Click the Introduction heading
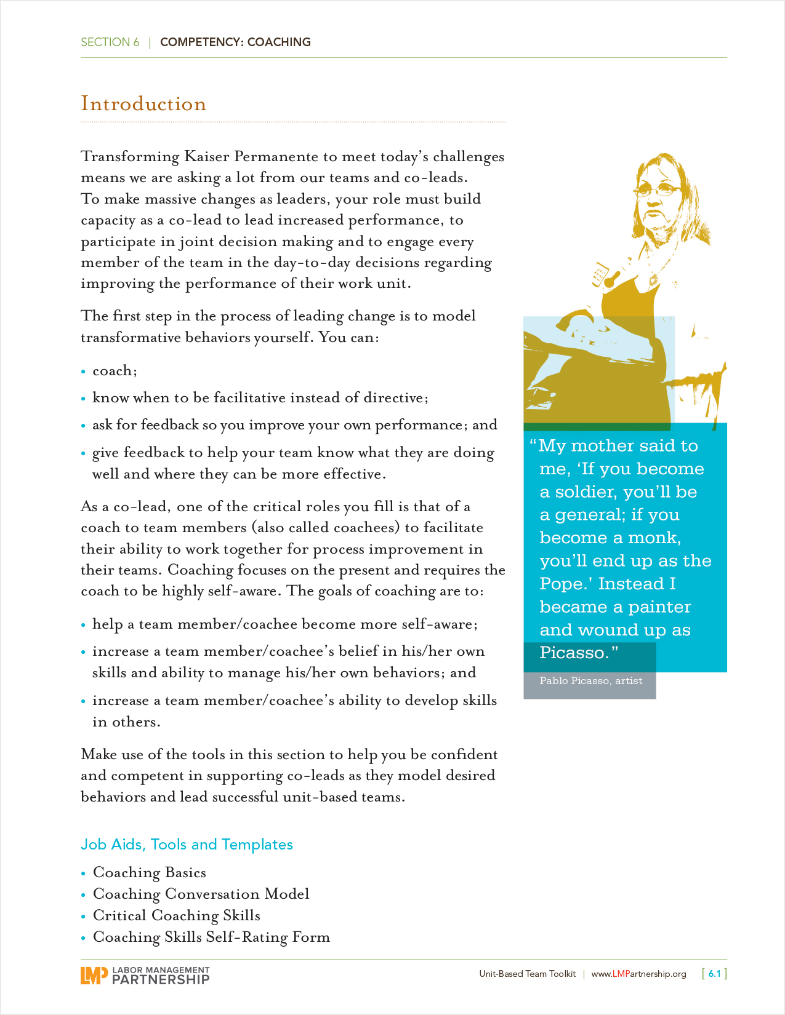tap(143, 104)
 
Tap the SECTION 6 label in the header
tap(110, 42)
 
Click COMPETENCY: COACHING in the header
tap(235, 42)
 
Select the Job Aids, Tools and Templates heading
tap(187, 845)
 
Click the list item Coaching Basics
tap(149, 873)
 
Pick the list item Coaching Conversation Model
tap(201, 894)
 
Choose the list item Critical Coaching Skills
tap(176, 916)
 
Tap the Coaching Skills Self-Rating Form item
tap(211, 937)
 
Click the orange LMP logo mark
tap(94, 975)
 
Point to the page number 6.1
tap(714, 974)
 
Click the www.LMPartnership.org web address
tap(638, 974)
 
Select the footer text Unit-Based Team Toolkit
tap(528, 974)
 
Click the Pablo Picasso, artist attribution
tap(590, 681)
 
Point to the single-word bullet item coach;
tap(115, 371)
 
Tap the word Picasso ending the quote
tap(572, 653)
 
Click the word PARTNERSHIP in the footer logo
tap(161, 979)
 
